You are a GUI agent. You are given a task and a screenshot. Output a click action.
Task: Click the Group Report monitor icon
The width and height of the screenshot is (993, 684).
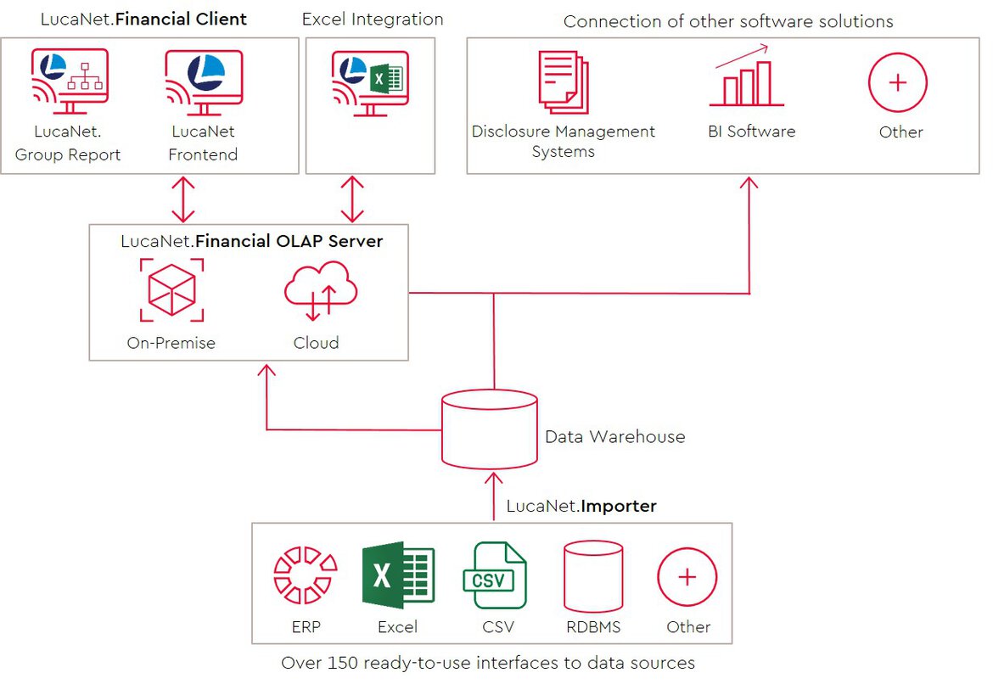(x=70, y=81)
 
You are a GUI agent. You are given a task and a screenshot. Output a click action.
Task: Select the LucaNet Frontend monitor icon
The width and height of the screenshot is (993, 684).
(x=204, y=82)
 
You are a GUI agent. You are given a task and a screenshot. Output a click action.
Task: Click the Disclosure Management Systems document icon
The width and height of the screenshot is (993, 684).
(x=564, y=82)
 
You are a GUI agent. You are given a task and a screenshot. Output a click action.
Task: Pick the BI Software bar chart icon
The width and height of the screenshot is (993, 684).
(x=746, y=76)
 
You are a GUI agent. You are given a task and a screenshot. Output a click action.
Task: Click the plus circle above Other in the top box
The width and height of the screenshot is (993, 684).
(x=897, y=82)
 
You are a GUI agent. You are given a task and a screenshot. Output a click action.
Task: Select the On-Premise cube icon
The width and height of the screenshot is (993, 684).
(x=171, y=290)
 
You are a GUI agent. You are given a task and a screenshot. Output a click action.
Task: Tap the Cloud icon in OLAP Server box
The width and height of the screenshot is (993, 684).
(x=321, y=291)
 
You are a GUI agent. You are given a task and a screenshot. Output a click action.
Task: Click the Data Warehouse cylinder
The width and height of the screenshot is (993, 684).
(x=490, y=429)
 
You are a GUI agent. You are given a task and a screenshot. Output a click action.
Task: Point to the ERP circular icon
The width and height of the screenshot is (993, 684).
(x=306, y=575)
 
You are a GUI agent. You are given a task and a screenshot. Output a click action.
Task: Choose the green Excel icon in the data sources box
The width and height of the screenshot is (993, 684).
(x=398, y=575)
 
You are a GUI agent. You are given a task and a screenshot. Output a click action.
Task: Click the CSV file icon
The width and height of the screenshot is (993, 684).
(x=495, y=575)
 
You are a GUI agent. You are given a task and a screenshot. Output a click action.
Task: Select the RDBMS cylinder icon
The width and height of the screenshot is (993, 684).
(x=593, y=576)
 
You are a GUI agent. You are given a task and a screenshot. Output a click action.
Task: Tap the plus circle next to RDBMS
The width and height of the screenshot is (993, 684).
(x=687, y=577)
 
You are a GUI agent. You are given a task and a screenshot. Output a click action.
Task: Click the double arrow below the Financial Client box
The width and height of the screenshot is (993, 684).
(x=183, y=199)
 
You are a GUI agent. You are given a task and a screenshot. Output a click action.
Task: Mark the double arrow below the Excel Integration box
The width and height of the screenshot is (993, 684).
(x=352, y=199)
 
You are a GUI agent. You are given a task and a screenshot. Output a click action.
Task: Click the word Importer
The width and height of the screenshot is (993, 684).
(x=619, y=506)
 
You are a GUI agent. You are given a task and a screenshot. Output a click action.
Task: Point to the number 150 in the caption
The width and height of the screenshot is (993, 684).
(x=343, y=663)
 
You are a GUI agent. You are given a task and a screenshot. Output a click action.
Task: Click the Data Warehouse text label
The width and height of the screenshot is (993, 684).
(x=615, y=436)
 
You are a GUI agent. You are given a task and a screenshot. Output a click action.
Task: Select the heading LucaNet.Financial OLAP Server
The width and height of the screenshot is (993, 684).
(x=251, y=241)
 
